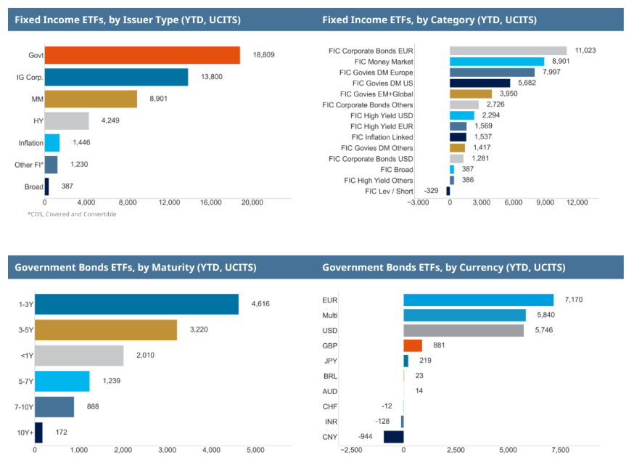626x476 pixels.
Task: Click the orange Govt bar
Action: pyautogui.click(x=142, y=55)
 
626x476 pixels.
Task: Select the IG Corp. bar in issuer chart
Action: pyautogui.click(x=116, y=77)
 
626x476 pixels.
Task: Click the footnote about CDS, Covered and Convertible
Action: pyautogui.click(x=71, y=214)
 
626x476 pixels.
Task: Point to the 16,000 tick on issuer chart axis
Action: pyautogui.click(x=210, y=202)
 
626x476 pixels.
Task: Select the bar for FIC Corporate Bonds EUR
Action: pyautogui.click(x=508, y=51)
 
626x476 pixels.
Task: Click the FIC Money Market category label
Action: pyautogui.click(x=384, y=62)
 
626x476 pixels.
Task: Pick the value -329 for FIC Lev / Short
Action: pyautogui.click(x=430, y=191)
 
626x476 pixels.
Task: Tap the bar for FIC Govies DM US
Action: pyautogui.click(x=479, y=83)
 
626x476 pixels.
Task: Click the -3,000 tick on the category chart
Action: pyautogui.click(x=419, y=202)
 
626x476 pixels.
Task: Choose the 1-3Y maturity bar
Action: pyautogui.click(x=136, y=304)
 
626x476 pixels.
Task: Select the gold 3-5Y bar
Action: pyautogui.click(x=106, y=330)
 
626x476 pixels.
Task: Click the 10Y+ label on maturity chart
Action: pyautogui.click(x=24, y=433)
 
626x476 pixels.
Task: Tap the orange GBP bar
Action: pyautogui.click(x=413, y=345)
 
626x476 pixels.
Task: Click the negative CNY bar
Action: pyautogui.click(x=393, y=437)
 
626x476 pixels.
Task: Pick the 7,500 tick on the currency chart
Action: pyautogui.click(x=560, y=451)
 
